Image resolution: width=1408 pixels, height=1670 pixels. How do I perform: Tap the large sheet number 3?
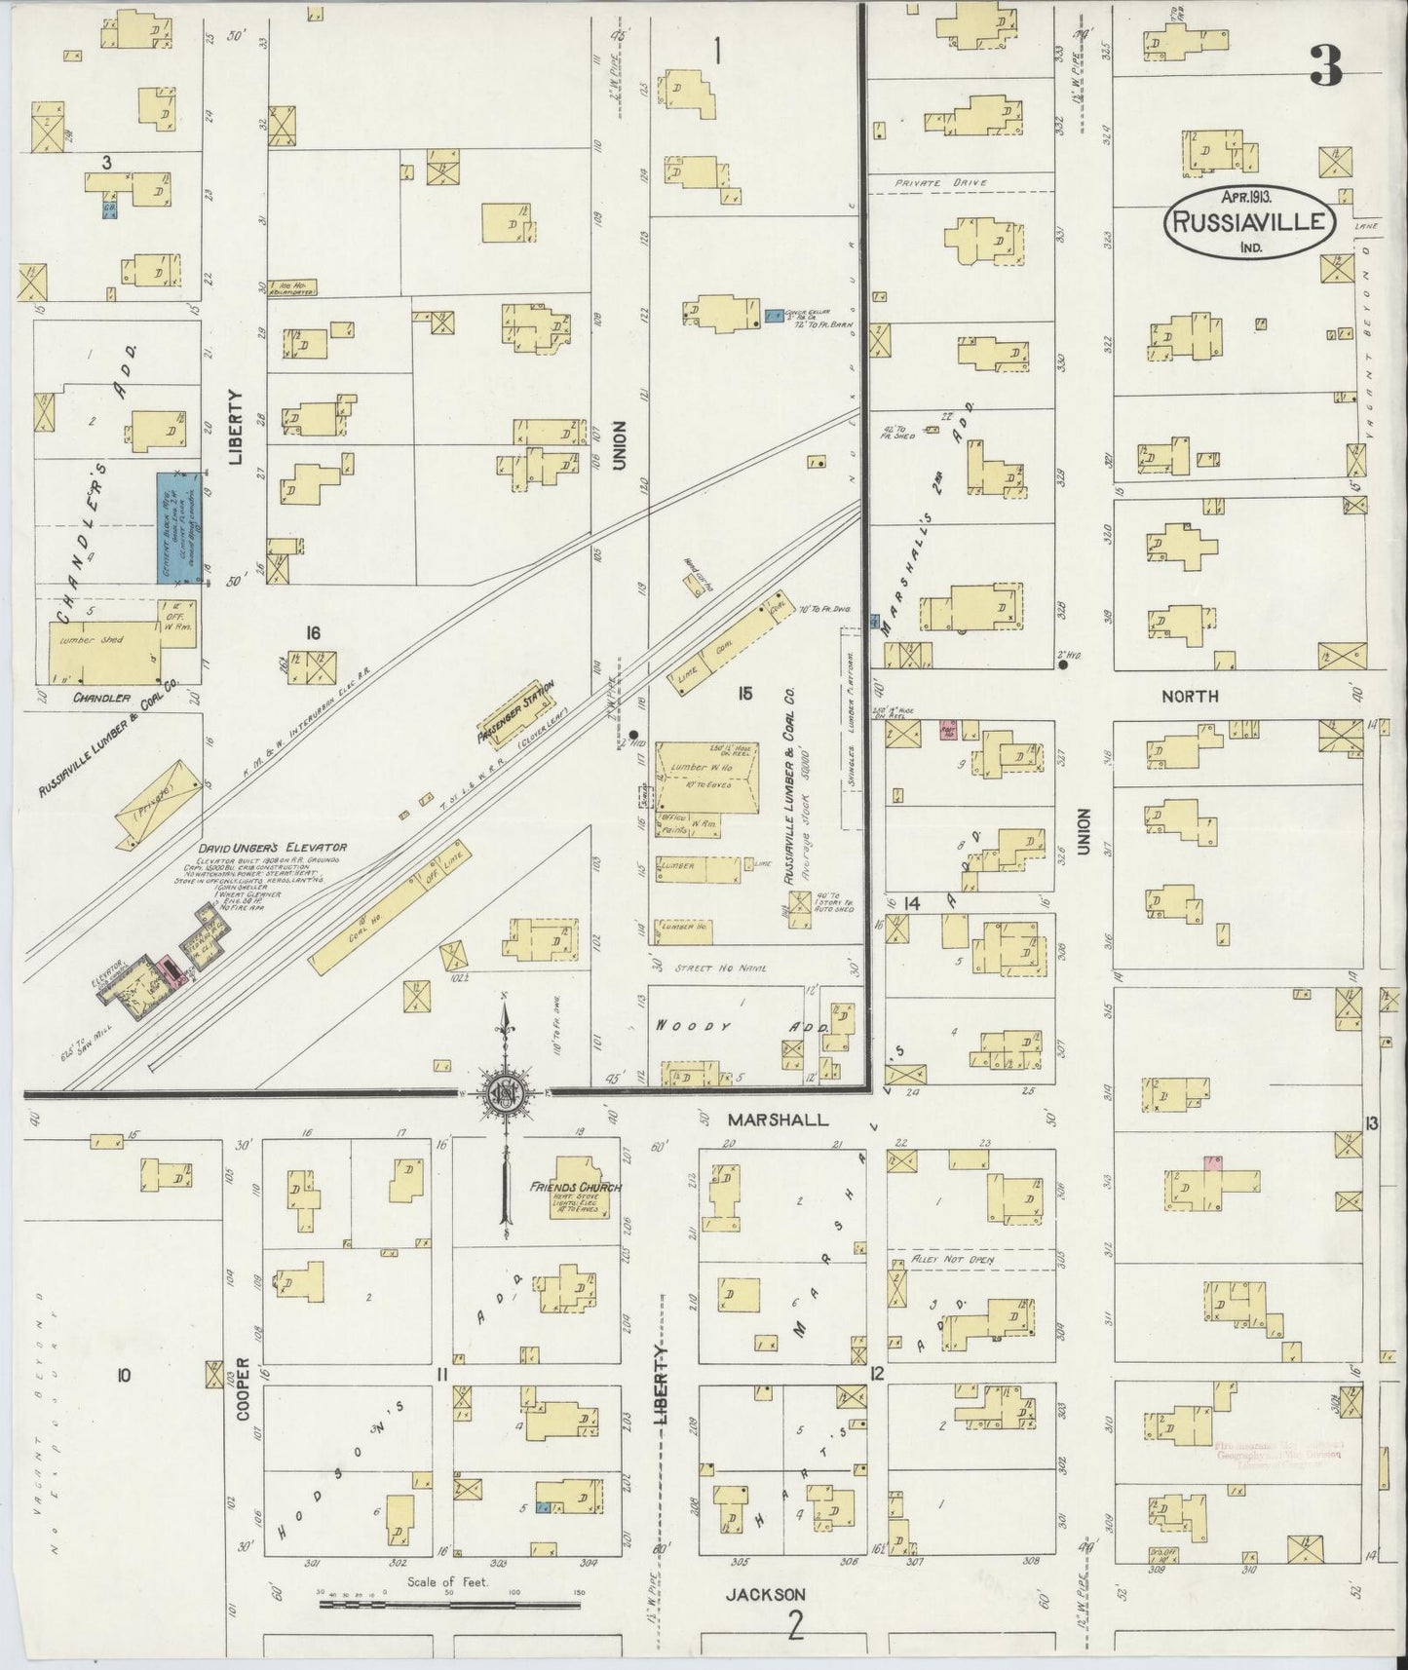[x=1326, y=66]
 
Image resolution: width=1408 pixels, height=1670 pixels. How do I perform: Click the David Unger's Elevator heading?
[x=275, y=847]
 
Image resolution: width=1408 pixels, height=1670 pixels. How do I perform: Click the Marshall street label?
[x=778, y=1120]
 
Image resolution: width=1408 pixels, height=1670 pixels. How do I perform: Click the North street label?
[x=1189, y=696]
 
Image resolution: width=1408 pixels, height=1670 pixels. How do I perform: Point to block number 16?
[x=312, y=632]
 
